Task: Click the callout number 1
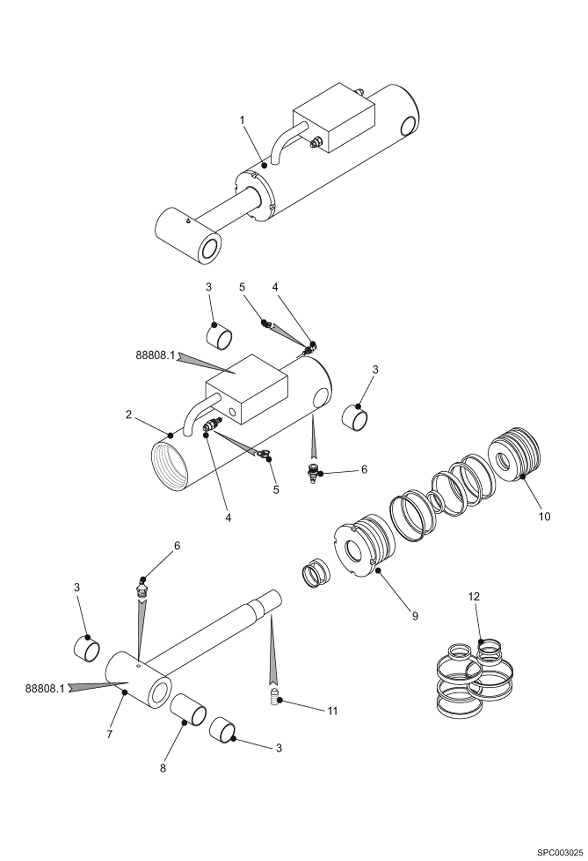[242, 120]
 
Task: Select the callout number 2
[129, 414]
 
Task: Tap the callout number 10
[544, 516]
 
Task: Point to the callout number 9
[415, 616]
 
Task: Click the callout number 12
[474, 596]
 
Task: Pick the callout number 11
[332, 711]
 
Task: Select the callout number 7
[110, 734]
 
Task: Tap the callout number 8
[163, 779]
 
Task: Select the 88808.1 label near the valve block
[155, 355]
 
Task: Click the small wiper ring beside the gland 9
[316, 574]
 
